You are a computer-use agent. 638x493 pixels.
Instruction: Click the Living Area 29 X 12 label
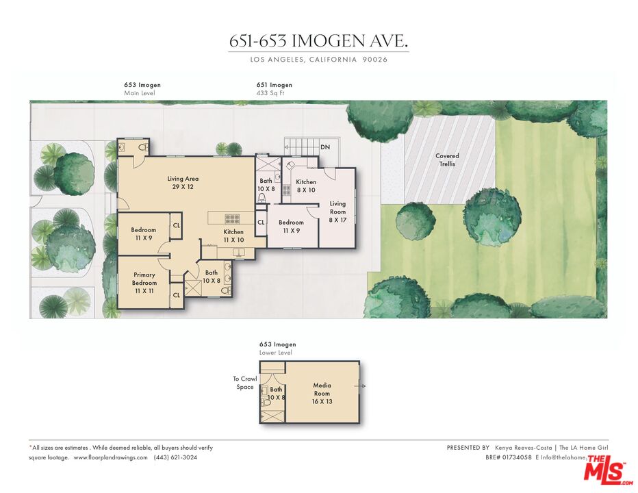tap(183, 183)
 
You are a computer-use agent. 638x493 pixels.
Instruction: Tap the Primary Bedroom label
tap(144, 283)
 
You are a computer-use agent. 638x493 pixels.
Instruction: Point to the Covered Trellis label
tap(447, 160)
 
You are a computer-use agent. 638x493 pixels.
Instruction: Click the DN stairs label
tap(325, 147)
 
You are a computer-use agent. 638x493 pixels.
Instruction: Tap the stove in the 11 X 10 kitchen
tap(233, 219)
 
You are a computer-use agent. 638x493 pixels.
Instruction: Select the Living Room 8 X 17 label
tap(337, 212)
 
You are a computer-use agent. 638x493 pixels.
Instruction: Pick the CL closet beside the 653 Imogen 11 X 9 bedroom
tap(176, 225)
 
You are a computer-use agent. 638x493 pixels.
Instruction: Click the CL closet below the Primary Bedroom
tap(176, 295)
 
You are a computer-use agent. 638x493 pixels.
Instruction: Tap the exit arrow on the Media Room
tap(362, 387)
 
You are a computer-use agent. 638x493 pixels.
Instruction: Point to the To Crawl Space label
tap(244, 383)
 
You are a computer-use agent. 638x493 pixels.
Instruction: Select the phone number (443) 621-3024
tap(175, 457)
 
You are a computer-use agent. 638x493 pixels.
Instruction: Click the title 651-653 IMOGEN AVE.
tap(318, 41)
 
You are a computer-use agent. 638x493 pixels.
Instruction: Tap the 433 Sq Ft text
tap(270, 92)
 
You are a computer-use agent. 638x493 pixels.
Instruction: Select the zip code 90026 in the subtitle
tap(375, 60)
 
